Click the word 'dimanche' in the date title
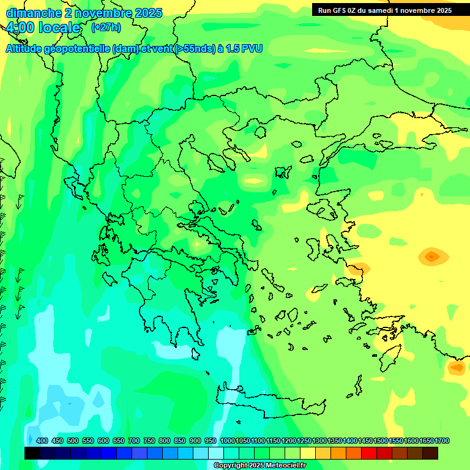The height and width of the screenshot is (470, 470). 29,13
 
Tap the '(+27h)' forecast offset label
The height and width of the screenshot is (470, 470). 106,28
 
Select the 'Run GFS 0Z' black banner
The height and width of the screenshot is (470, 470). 385,10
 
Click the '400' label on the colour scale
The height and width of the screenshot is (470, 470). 42,441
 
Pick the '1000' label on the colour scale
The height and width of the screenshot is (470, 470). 227,441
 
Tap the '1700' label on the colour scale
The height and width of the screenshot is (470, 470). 442,441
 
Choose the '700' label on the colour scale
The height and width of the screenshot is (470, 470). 134,441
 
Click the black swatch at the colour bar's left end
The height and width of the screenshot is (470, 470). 32,453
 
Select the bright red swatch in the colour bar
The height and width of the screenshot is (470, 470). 369,453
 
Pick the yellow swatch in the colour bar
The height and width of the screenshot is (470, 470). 308,453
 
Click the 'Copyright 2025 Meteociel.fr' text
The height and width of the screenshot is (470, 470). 259,466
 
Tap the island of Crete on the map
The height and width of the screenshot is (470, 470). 269,398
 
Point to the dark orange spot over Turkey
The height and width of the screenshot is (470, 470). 431,256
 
